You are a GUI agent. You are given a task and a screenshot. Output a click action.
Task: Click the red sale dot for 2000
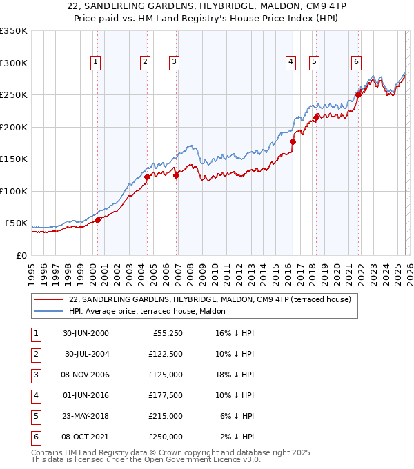click(x=98, y=220)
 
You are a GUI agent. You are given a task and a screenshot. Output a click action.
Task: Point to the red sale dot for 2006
click(x=177, y=175)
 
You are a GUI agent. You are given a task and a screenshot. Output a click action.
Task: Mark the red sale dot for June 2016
click(x=293, y=141)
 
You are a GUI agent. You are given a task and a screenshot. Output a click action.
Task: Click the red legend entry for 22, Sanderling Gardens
click(x=210, y=299)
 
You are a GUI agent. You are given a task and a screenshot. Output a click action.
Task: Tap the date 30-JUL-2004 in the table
click(x=86, y=354)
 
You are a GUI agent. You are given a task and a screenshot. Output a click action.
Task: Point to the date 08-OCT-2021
click(x=86, y=437)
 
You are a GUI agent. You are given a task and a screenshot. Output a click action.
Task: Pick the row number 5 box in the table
click(x=35, y=416)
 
